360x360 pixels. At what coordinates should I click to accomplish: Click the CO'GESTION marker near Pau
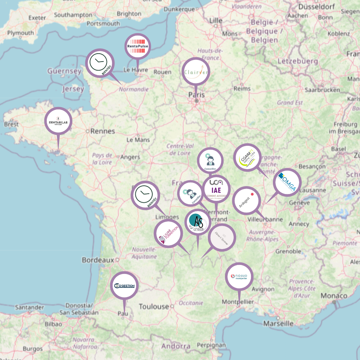click(x=124, y=286)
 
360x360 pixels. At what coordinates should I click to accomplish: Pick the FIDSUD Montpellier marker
click(x=239, y=277)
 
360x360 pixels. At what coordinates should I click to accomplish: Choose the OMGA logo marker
click(x=287, y=182)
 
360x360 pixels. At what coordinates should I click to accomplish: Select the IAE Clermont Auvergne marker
click(x=216, y=189)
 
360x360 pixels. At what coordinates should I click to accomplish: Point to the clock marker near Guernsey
click(x=100, y=63)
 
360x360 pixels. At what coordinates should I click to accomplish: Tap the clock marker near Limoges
click(x=145, y=195)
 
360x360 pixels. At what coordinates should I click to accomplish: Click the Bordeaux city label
click(x=98, y=260)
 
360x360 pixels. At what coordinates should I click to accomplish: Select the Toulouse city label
click(x=154, y=307)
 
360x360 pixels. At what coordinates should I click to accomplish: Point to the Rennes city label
click(x=103, y=131)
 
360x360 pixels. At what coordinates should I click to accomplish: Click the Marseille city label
click(x=278, y=323)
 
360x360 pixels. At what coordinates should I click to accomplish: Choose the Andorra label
click(x=176, y=346)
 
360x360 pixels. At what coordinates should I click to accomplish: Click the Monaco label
click(x=334, y=296)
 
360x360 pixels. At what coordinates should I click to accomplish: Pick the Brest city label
click(x=11, y=124)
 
